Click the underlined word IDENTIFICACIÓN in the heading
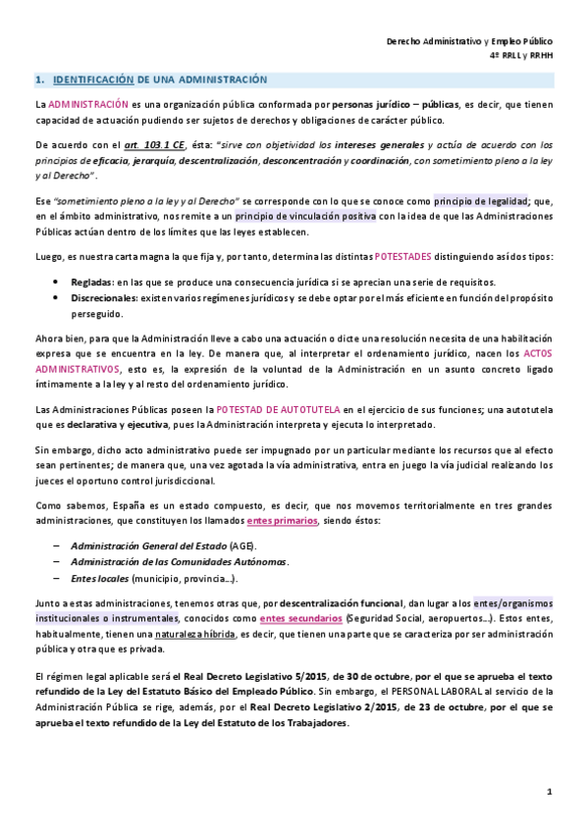[x=93, y=78]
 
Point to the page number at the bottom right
[x=550, y=791]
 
